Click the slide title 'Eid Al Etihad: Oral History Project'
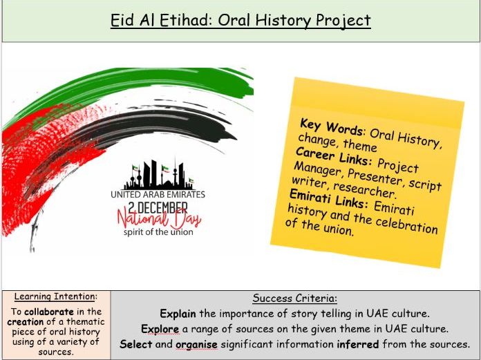tap(240, 21)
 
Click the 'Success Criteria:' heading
tap(294, 299)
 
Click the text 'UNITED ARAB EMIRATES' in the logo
tap(158, 195)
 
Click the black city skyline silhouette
tap(158, 176)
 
